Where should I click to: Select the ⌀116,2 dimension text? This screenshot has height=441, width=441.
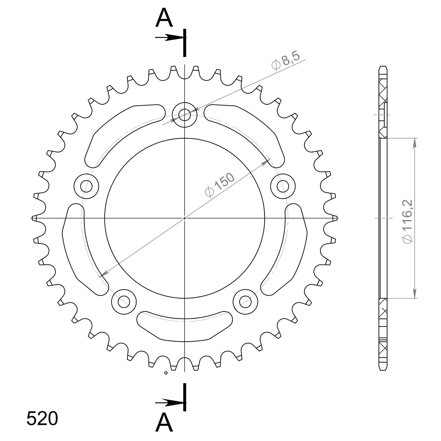(x=408, y=221)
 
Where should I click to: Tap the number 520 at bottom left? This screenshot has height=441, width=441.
(x=42, y=419)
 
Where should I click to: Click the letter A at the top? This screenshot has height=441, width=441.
(x=164, y=18)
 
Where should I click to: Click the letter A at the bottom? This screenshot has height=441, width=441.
(x=164, y=423)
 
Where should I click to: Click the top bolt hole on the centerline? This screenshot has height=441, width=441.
(x=184, y=114)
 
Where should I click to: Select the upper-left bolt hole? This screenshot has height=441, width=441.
(x=87, y=185)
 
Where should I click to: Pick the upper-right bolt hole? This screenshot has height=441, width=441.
(x=283, y=185)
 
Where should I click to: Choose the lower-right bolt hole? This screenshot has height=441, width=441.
(x=245, y=301)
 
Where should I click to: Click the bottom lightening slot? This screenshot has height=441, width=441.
(x=184, y=325)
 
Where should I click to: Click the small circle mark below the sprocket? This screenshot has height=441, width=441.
(x=166, y=373)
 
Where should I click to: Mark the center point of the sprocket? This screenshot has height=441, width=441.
(x=184, y=218)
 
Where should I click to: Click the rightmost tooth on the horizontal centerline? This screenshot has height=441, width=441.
(x=334, y=218)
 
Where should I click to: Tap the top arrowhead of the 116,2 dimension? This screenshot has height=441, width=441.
(x=415, y=142)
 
